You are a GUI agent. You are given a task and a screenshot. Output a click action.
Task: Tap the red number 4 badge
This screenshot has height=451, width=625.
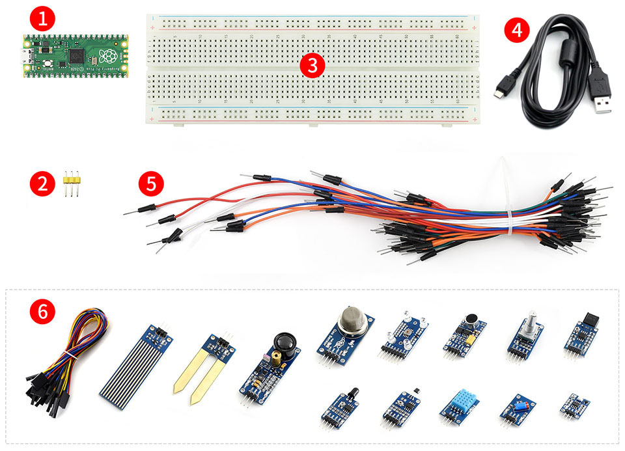(x=516, y=31)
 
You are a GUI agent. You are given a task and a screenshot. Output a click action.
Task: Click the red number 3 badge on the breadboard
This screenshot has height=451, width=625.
(x=312, y=64)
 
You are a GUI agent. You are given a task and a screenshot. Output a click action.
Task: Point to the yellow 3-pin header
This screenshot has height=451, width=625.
(x=72, y=184)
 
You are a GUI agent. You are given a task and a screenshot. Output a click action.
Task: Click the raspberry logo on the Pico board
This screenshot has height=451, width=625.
(x=107, y=57)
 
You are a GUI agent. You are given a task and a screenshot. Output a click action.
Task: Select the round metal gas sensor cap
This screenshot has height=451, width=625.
(x=352, y=321)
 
